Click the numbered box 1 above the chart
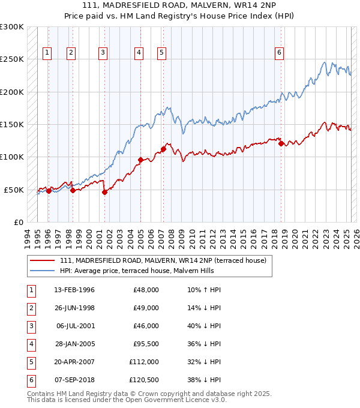pos(47,53)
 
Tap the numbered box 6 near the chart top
pos(280,53)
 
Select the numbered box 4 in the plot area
pos(139,53)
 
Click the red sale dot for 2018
pos(281,143)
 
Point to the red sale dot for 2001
pos(104,193)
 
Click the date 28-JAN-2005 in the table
pos(74,344)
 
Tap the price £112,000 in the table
pos(144,362)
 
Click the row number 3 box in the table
pos(31,326)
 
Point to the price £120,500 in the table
pos(144,380)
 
